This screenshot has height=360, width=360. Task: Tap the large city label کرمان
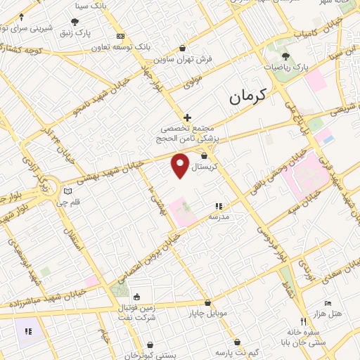[250, 97]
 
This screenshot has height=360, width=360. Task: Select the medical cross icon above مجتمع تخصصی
[187, 117]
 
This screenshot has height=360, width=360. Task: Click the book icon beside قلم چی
[67, 191]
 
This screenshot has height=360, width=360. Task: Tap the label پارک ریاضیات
[285, 68]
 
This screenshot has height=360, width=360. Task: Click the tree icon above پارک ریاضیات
[285, 56]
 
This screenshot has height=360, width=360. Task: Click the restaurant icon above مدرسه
[218, 206]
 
